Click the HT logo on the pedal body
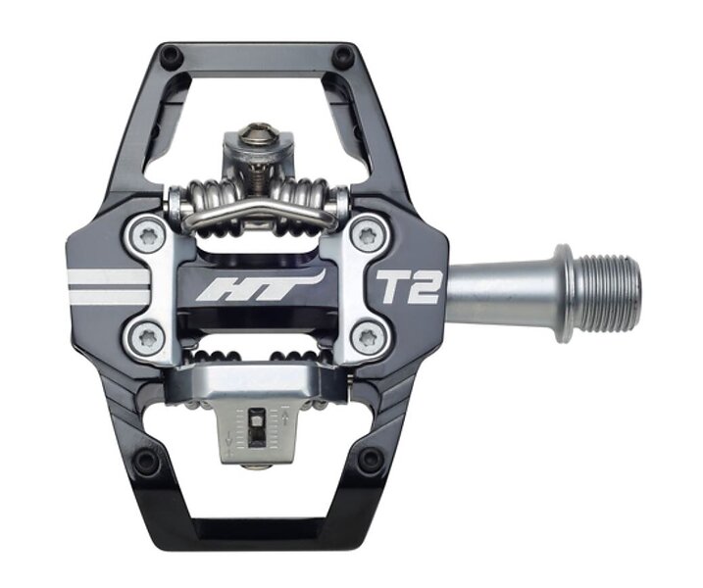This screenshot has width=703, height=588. pyautogui.click(x=261, y=286)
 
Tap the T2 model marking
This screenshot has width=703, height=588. pyautogui.click(x=407, y=287)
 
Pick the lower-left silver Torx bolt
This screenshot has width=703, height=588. pyautogui.click(x=147, y=337)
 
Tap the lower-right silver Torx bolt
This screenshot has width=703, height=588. pyautogui.click(x=368, y=336)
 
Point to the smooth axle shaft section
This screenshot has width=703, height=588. pyautogui.click(x=502, y=291)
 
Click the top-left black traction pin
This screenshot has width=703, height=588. pyautogui.click(x=173, y=57)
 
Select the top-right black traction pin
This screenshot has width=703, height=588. pyautogui.click(x=342, y=56)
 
